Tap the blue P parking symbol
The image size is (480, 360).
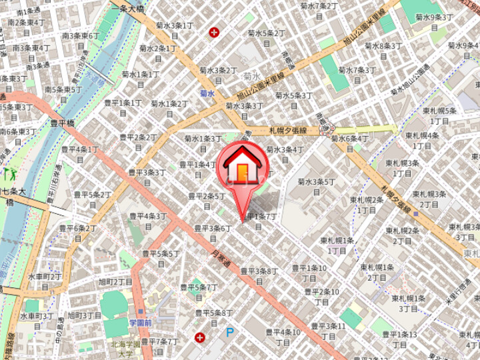[x=230, y=331]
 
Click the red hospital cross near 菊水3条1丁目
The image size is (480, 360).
[x=214, y=31]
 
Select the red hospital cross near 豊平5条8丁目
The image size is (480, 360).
[x=199, y=337]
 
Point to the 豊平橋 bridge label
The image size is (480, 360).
[x=64, y=122]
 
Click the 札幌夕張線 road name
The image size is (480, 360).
[x=287, y=131]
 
